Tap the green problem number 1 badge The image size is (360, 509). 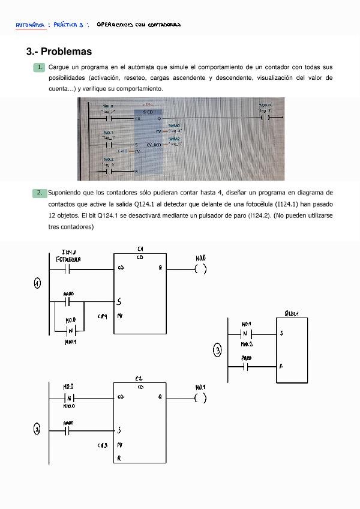pos(39,67)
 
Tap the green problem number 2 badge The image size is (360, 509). pos(39,193)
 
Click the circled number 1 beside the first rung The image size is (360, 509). pos(37,283)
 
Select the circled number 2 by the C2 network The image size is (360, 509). pos(37,429)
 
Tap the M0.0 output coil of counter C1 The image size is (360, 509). pos(200,268)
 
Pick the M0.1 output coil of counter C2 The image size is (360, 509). pos(200,397)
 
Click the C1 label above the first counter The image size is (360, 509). pos(140,248)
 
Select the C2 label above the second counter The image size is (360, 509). pos(139,379)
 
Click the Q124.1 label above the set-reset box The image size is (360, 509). pos(292,313)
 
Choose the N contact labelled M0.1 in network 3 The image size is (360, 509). pos(246,334)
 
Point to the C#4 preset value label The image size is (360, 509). pos(102,316)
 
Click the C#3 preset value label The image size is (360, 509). pos(102,445)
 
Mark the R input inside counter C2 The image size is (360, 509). pos(120,458)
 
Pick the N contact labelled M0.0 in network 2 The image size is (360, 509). pos(68,397)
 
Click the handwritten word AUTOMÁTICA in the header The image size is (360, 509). pos(29,25)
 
